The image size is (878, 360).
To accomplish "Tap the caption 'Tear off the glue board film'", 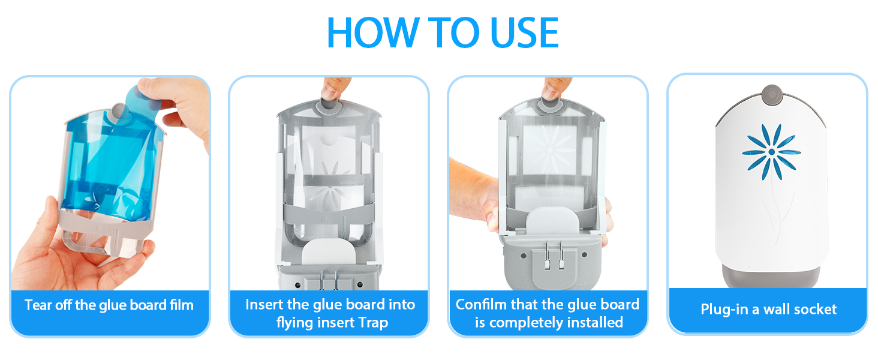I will coord(109,305).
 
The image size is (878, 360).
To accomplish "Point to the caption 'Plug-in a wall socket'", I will coord(768,310).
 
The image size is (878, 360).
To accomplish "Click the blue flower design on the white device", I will coord(771,152).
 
